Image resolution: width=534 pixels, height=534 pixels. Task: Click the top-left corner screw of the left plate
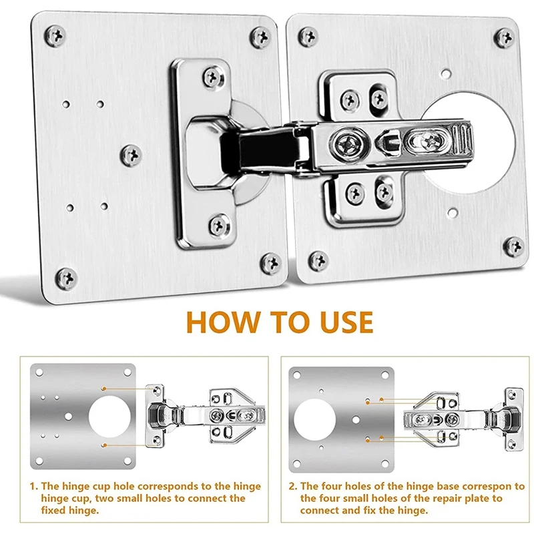pyautogui.click(x=55, y=35)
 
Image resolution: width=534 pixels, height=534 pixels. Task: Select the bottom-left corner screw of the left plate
pyautogui.click(x=66, y=278)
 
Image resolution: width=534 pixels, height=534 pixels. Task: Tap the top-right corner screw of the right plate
pyautogui.click(x=505, y=37)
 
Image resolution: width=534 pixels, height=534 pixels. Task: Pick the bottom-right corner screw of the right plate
pyautogui.click(x=514, y=246)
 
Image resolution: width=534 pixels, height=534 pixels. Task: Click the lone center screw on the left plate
pyautogui.click(x=131, y=156)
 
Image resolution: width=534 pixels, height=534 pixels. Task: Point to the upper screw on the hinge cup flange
pyautogui.click(x=214, y=77)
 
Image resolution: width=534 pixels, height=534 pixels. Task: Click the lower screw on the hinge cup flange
pyautogui.click(x=220, y=225)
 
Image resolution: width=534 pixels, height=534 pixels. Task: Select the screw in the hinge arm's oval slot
pyautogui.click(x=429, y=140)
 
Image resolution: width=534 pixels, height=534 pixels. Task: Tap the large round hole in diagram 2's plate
pyautogui.click(x=314, y=420)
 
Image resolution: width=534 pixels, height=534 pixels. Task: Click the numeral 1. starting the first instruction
pyautogui.click(x=34, y=486)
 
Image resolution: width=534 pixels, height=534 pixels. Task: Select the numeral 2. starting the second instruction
pyautogui.click(x=293, y=486)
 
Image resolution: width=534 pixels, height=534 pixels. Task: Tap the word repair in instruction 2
pyautogui.click(x=439, y=499)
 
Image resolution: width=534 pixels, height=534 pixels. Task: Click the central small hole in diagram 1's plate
pyautogui.click(x=69, y=416)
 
